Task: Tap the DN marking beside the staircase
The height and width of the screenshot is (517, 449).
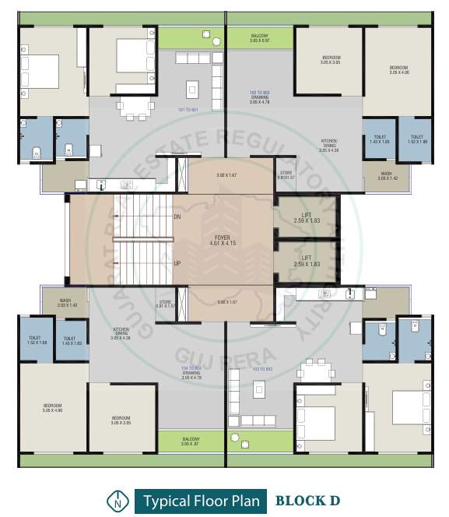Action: click(x=177, y=216)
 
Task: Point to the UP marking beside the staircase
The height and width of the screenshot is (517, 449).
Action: click(x=177, y=263)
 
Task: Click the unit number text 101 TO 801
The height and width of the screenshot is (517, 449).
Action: click(x=190, y=110)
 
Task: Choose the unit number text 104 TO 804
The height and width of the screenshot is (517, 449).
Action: click(x=191, y=368)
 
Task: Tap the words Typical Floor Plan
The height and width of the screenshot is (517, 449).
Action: click(x=200, y=499)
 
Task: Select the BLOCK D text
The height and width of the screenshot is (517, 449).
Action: click(x=307, y=499)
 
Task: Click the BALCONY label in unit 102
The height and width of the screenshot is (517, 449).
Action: click(x=259, y=38)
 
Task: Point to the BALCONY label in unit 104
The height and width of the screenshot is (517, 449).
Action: click(x=191, y=441)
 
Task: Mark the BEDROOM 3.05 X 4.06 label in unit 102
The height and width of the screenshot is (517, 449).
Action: click(x=398, y=70)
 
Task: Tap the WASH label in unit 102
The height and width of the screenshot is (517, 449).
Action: click(x=386, y=176)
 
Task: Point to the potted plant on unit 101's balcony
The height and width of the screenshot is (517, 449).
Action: click(x=205, y=33)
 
